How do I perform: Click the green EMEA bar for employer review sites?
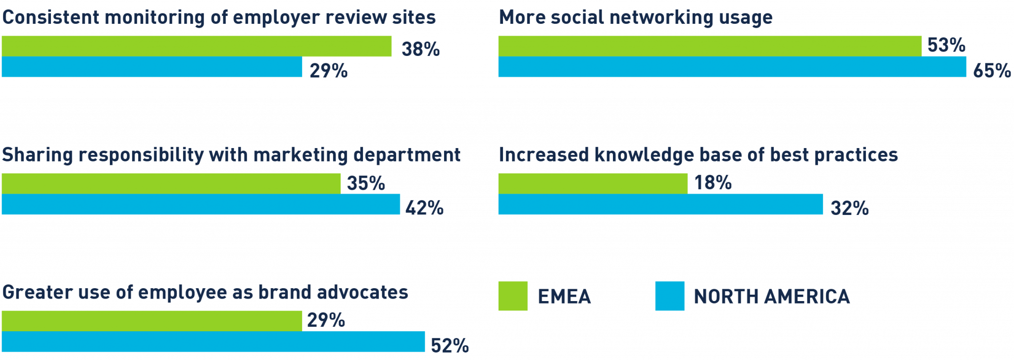click(x=196, y=46)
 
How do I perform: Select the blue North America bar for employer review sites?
click(x=152, y=67)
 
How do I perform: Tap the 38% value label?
click(x=420, y=49)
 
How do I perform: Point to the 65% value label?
click(x=992, y=71)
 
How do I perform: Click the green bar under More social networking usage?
click(x=710, y=46)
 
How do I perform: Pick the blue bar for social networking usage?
click(x=732, y=67)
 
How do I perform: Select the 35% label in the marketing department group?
click(x=365, y=183)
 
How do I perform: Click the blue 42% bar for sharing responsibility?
click(x=201, y=205)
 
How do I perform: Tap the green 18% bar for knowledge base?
click(x=593, y=184)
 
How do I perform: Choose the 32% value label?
click(x=850, y=208)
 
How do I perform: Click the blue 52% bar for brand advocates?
click(x=213, y=342)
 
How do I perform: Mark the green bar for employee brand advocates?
click(x=152, y=321)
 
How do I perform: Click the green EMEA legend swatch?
click(x=512, y=296)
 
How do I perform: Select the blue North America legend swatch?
click(x=669, y=296)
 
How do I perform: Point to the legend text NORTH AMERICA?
click(x=771, y=297)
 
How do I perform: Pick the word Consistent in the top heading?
click(x=51, y=17)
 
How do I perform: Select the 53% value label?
click(x=946, y=45)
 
